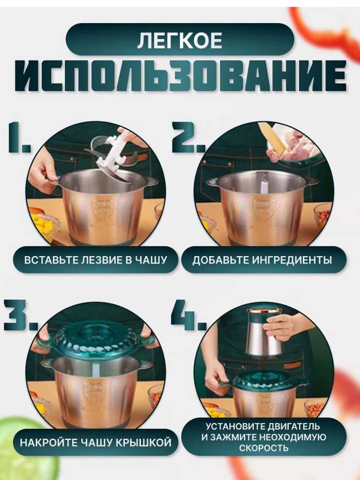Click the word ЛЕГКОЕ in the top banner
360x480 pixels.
180,40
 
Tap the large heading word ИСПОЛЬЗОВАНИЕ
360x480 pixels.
180,76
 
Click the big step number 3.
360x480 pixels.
21,315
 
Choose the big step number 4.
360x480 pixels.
188,315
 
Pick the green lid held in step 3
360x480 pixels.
96,341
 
